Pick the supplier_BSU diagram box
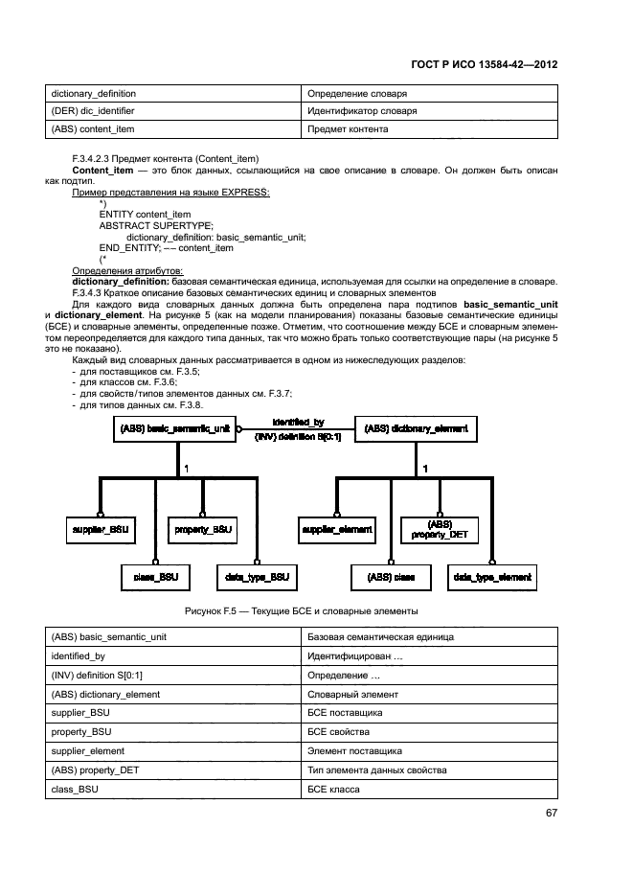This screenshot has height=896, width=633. pyautogui.click(x=100, y=529)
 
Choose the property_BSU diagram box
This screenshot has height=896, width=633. pyautogui.click(x=203, y=529)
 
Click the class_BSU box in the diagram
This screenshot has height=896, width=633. pyautogui.click(x=155, y=577)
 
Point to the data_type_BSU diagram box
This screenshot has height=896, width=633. pyautogui.click(x=258, y=577)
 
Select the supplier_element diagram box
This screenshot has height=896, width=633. pyautogui.click(x=337, y=529)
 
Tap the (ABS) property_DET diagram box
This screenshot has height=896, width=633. pyautogui.click(x=440, y=529)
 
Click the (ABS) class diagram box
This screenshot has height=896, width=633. pyautogui.click(x=391, y=577)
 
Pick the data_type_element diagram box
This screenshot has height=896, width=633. pyautogui.click(x=492, y=577)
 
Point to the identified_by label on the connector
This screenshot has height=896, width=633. pyautogui.click(x=298, y=422)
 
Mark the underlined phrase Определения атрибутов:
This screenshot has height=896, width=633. pyautogui.click(x=127, y=271)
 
